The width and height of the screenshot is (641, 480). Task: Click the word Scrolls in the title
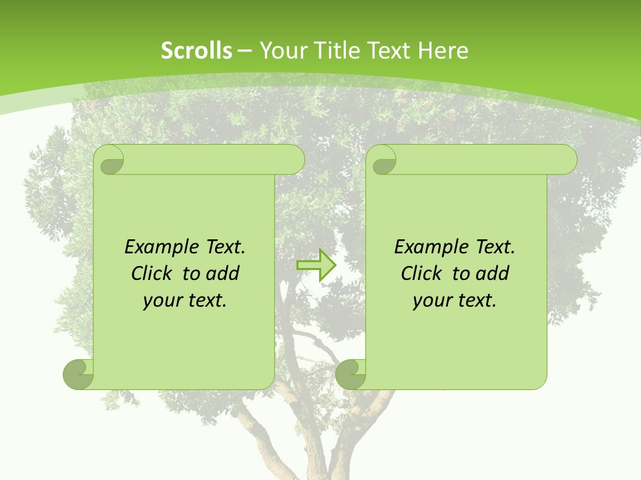(x=196, y=51)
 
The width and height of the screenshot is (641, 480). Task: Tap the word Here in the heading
(x=443, y=51)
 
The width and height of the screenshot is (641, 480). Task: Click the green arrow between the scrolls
(x=316, y=265)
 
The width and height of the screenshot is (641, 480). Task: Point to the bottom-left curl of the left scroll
(x=77, y=375)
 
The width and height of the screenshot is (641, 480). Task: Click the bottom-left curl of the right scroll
(x=350, y=375)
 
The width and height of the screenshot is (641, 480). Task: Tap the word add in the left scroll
(x=222, y=273)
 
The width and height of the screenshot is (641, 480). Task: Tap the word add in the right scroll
(x=491, y=273)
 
